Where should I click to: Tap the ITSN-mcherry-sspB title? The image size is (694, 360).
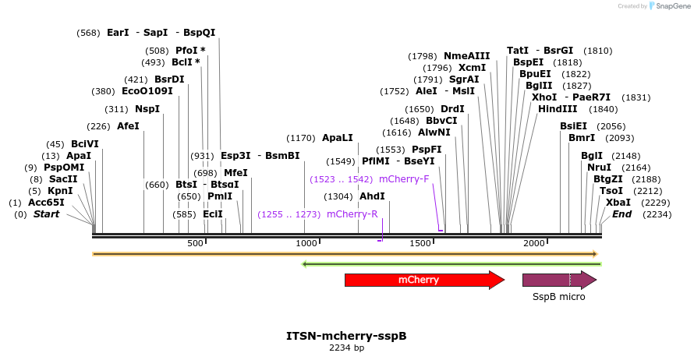pyautogui.click(x=346, y=337)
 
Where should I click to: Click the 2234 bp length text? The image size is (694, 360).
pyautogui.click(x=346, y=348)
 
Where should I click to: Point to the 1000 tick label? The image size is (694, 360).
pyautogui.click(x=306, y=244)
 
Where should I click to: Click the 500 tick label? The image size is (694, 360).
pyautogui.click(x=195, y=244)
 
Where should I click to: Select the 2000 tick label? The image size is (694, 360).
pyautogui.click(x=533, y=244)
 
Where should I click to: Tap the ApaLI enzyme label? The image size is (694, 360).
pyautogui.click(x=337, y=138)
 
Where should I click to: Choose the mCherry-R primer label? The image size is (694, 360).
pyautogui.click(x=352, y=214)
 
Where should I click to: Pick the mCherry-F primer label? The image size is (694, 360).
pyautogui.click(x=404, y=179)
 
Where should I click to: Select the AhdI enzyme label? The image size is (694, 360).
pyautogui.click(x=372, y=196)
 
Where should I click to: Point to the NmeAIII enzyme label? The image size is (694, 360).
pyautogui.click(x=466, y=56)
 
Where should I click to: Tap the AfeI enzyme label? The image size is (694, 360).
pyautogui.click(x=128, y=126)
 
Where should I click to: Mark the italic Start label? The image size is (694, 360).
pyautogui.click(x=46, y=214)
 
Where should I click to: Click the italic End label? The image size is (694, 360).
pyautogui.click(x=621, y=214)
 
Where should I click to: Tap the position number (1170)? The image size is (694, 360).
pyautogui.click(x=301, y=138)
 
